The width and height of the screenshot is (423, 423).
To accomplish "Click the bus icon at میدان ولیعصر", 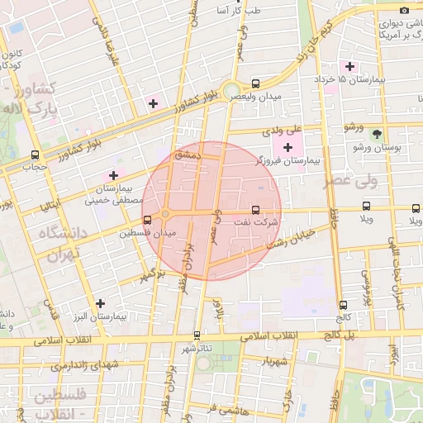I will pos(255,83).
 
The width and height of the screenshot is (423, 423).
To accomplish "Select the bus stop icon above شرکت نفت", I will pos(254,210).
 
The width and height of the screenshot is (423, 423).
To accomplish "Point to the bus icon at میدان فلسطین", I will pos(147,220).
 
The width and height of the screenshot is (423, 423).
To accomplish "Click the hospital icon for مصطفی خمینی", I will pos(113,175).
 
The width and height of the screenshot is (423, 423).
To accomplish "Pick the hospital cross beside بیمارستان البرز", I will pos(100,303).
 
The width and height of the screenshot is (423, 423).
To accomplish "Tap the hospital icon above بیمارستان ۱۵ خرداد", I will pos(349,66).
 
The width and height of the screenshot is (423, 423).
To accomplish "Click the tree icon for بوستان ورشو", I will pos(378,134).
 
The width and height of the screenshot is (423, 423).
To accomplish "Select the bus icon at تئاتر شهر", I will pos(197,335).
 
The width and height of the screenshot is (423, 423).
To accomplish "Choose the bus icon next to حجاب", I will pos(35,154).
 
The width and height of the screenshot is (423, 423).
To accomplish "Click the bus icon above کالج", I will pos(342,304).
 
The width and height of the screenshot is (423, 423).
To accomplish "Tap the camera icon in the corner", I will pos(404,10).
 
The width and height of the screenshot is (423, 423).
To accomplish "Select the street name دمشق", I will pos(188,154).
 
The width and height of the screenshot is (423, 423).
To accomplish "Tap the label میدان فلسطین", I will pos(149,234).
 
